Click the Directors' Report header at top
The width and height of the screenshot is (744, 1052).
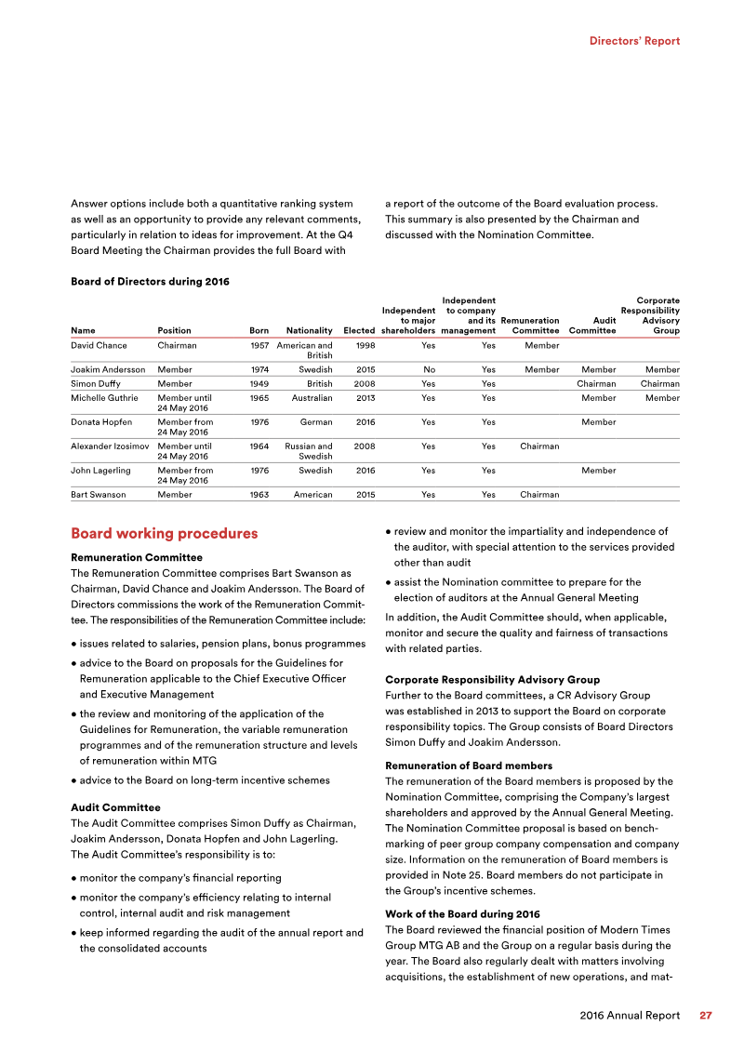tap(634, 41)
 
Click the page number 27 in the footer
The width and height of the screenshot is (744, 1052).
tap(706, 1015)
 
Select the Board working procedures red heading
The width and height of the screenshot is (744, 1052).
tap(164, 534)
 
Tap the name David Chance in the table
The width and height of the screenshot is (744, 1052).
tap(100, 345)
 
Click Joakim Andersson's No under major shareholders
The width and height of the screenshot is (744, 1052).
tap(429, 369)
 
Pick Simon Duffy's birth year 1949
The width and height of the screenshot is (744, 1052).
tap(259, 383)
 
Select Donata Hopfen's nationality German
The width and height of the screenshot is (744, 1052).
tap(315, 421)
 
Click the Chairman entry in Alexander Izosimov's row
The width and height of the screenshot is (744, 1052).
tap(539, 446)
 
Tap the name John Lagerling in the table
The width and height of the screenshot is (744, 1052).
tap(101, 470)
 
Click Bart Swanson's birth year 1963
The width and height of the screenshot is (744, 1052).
tap(259, 495)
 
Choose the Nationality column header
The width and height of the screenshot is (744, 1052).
tap(309, 330)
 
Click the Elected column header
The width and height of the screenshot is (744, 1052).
tap(358, 330)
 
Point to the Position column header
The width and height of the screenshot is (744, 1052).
tap(175, 330)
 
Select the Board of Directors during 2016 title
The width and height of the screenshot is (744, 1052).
tap(150, 281)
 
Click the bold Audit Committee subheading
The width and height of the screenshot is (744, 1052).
tap(115, 807)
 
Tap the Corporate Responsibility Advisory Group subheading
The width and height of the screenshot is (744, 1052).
tap(492, 680)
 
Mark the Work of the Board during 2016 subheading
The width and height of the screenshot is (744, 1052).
tap(461, 914)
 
